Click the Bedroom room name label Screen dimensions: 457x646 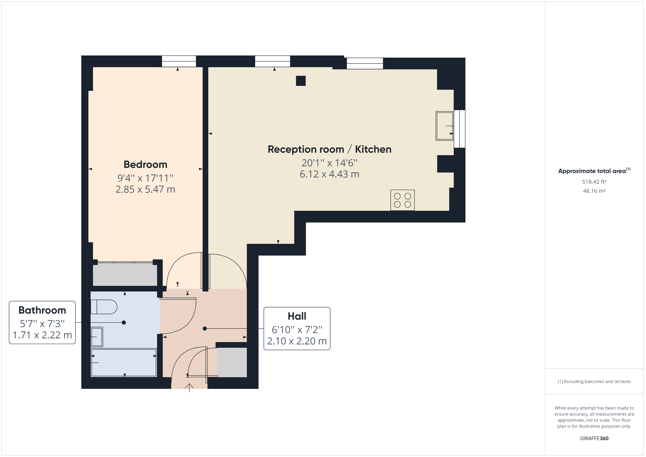tap(145, 165)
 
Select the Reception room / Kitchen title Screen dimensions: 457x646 tap(329, 149)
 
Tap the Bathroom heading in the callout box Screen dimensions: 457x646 tap(42, 310)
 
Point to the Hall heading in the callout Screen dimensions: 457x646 tap(297, 316)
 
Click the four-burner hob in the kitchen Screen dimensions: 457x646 tap(402, 200)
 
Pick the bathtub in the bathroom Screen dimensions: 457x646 tap(124, 363)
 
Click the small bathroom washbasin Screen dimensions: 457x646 tap(97, 337)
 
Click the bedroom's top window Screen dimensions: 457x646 tap(179, 61)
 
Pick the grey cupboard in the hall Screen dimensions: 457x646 tap(232, 363)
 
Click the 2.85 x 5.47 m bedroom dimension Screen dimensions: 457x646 tap(145, 189)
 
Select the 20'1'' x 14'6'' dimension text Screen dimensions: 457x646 tap(329, 163)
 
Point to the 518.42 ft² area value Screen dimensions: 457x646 tap(594, 182)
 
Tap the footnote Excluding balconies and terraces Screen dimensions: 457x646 tap(594, 382)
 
